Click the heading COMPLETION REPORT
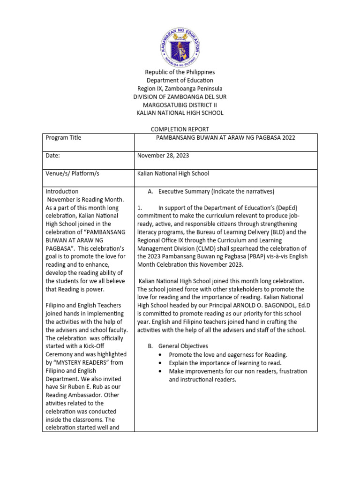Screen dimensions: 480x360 (180, 129)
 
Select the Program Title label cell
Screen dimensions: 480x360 (63, 138)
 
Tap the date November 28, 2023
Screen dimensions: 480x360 (163, 156)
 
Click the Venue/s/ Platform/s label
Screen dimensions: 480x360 (72, 173)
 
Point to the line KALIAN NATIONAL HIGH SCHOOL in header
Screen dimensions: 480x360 (180, 113)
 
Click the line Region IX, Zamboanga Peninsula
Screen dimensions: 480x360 (180, 89)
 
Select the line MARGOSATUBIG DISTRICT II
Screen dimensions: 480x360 (180, 105)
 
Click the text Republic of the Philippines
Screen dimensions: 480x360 (180, 72)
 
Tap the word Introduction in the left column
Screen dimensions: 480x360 (62, 192)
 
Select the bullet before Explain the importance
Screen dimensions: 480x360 (161, 363)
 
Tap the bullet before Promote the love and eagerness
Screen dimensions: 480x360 (161, 355)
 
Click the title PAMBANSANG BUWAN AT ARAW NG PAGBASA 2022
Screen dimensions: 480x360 (225, 138)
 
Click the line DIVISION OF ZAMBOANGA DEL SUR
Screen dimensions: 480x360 (180, 97)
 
